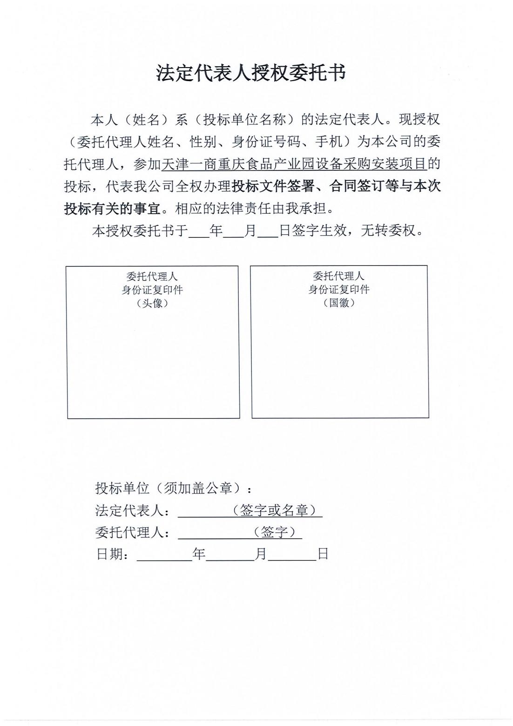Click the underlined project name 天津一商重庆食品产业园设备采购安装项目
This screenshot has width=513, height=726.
click(294, 164)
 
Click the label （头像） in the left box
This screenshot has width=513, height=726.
click(152, 303)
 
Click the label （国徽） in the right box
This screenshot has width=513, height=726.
click(339, 303)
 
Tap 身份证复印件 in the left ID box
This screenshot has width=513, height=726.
click(152, 290)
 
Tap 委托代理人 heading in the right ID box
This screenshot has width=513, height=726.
click(339, 276)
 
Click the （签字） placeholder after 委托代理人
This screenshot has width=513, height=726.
click(275, 532)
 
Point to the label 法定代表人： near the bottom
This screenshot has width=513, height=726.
click(132, 510)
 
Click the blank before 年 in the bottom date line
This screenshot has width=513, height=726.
click(164, 555)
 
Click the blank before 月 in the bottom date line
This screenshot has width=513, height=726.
click(230, 555)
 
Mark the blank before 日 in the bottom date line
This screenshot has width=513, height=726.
click(292, 555)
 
